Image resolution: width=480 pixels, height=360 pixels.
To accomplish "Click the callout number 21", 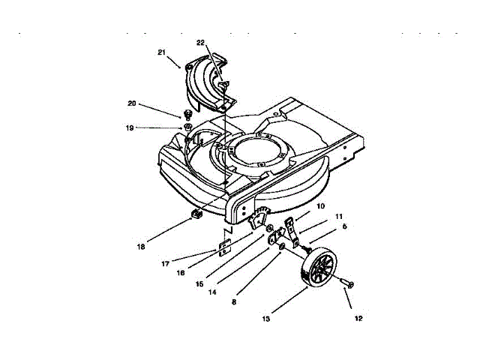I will click(162, 52).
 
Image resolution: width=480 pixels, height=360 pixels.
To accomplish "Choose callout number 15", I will click(199, 283).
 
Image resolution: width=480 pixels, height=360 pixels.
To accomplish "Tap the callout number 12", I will click(358, 319).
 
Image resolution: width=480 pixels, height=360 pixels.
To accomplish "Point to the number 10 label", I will click(319, 205).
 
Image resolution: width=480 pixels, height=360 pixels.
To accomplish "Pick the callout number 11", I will click(338, 216).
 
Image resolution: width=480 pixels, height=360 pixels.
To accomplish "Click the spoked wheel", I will click(319, 269).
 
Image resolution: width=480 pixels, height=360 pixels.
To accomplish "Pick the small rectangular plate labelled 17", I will click(224, 247).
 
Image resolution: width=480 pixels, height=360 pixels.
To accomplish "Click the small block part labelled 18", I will click(198, 215).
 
